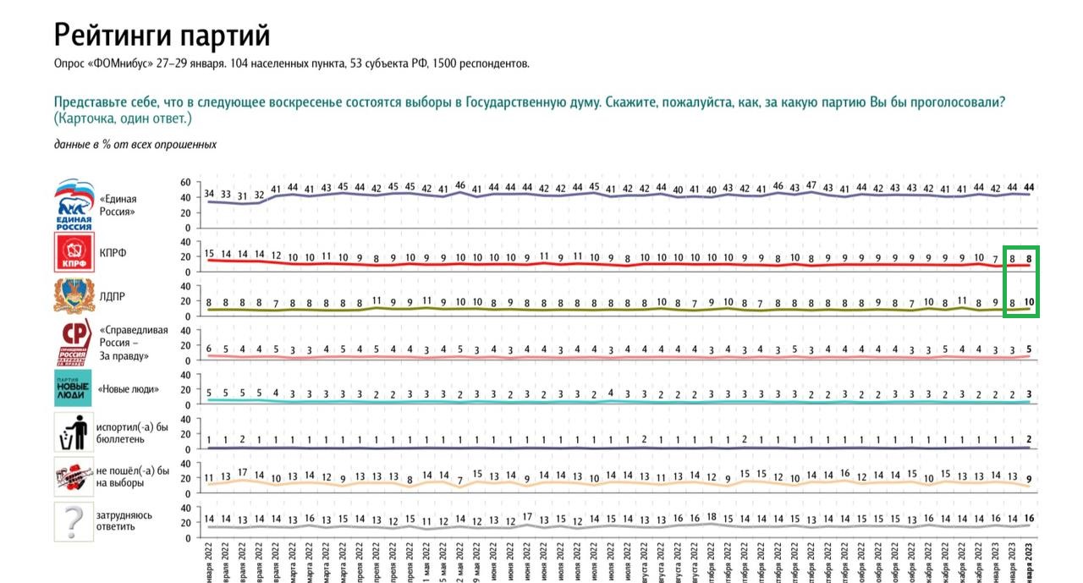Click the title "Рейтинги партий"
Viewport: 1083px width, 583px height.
point(162,36)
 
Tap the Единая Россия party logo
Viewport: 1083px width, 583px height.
point(73,204)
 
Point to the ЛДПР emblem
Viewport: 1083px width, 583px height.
point(73,297)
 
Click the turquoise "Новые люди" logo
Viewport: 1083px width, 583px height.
point(73,388)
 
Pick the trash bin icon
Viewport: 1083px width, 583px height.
point(73,432)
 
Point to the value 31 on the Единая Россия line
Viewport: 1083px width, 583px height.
point(243,196)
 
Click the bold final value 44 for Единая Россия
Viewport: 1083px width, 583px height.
point(1029,187)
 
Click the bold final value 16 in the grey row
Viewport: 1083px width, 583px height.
point(1029,518)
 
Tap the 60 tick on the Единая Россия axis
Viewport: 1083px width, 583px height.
point(185,182)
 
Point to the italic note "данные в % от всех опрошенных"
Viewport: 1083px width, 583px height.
point(135,145)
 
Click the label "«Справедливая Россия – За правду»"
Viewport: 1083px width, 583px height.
point(134,343)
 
